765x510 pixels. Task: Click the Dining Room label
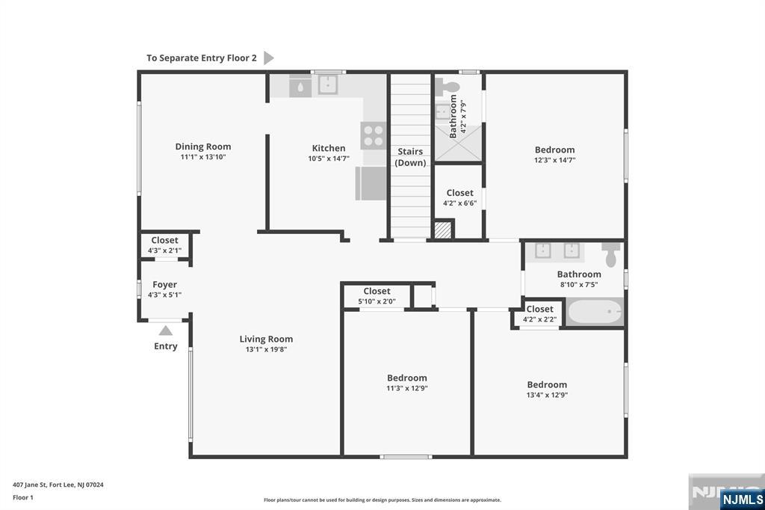(203, 147)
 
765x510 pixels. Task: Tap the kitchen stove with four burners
(374, 136)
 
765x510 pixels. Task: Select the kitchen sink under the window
(329, 85)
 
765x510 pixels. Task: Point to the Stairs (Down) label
(410, 157)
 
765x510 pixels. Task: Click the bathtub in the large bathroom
(595, 312)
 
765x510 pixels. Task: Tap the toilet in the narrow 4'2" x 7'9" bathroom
(447, 87)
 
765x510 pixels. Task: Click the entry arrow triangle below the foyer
(165, 331)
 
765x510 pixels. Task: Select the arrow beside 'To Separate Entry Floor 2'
(269, 58)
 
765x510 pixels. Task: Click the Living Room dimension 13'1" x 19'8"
(267, 349)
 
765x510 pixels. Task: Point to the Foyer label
(165, 284)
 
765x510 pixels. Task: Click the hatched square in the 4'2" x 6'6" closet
(443, 230)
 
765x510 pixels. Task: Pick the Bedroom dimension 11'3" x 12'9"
(407, 388)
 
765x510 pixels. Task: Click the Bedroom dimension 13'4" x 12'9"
(547, 395)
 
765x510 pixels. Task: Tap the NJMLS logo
(742, 500)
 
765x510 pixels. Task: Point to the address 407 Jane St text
(58, 485)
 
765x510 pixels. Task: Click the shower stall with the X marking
(458, 143)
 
